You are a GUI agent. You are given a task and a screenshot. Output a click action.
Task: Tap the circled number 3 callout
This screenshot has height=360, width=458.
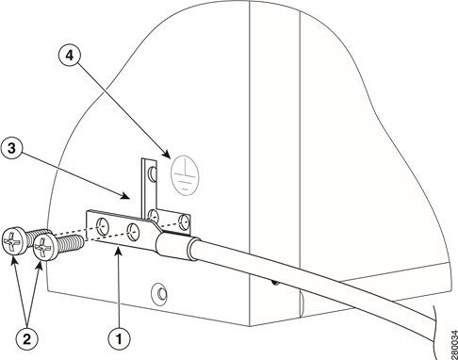(x=12, y=148)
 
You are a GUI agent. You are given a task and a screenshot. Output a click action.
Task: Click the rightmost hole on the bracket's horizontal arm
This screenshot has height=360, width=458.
(x=186, y=222)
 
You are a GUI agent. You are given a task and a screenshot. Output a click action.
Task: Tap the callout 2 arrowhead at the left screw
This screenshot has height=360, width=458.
(x=13, y=263)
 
